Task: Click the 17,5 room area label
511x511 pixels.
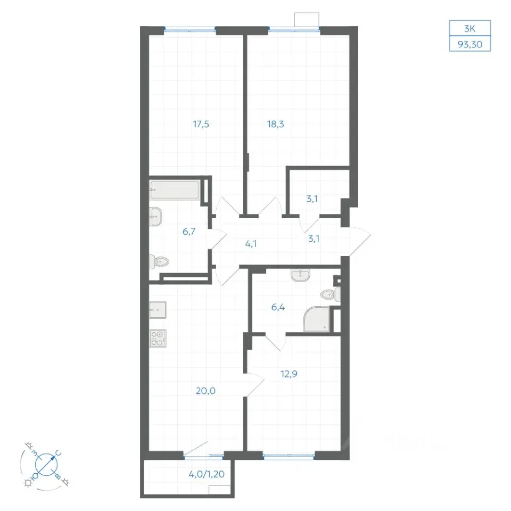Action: [201, 124]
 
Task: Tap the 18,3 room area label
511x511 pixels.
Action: [275, 124]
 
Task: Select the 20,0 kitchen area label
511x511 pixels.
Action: [205, 391]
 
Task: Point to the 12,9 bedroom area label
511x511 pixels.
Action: [289, 374]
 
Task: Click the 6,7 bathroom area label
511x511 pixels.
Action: [188, 232]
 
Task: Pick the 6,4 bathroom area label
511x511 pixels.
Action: [278, 307]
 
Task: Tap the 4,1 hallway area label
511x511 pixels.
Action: [251, 244]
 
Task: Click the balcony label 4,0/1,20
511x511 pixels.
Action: [207, 474]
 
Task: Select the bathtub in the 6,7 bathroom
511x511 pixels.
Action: [175, 189]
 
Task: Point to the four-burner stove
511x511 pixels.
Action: [158, 339]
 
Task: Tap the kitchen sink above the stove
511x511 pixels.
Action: [158, 310]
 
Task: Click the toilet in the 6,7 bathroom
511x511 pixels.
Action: [159, 262]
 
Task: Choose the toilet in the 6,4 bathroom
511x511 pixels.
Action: [331, 295]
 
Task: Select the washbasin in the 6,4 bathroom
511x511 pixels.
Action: [300, 275]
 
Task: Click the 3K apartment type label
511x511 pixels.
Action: [469, 29]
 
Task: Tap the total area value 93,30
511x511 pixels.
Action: [470, 44]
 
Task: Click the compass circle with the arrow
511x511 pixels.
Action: [46, 464]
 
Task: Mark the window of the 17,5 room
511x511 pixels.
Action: [189, 30]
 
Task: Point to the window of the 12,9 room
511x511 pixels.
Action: [289, 456]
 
